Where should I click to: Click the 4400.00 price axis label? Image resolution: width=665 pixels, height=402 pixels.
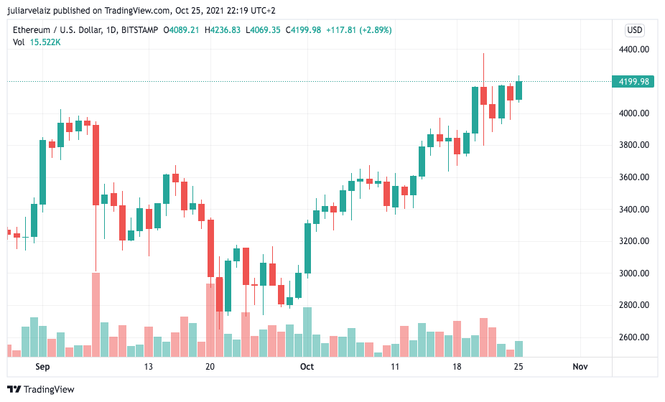tap(635, 50)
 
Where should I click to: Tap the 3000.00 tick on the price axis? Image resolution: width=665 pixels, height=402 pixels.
tap(635, 274)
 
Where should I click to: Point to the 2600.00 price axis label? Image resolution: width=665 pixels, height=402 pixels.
tap(635, 337)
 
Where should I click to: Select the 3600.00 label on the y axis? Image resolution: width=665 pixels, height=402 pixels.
tap(635, 177)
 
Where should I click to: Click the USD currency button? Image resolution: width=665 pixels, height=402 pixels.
tap(635, 30)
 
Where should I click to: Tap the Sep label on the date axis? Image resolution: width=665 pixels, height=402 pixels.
tap(42, 367)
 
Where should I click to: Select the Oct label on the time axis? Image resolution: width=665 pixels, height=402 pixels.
tap(307, 367)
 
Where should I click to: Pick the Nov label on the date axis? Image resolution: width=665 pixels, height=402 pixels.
tap(580, 367)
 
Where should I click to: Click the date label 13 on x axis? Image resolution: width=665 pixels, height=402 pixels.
tap(149, 367)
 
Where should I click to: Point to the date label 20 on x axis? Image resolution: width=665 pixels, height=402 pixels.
tap(210, 367)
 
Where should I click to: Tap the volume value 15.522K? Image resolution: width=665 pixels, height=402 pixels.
tap(45, 42)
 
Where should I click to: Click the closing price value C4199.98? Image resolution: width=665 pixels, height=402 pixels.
tap(303, 30)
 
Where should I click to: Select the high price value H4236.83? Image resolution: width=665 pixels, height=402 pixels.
tap(224, 30)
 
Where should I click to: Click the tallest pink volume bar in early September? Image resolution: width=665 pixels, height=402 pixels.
tap(96, 314)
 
